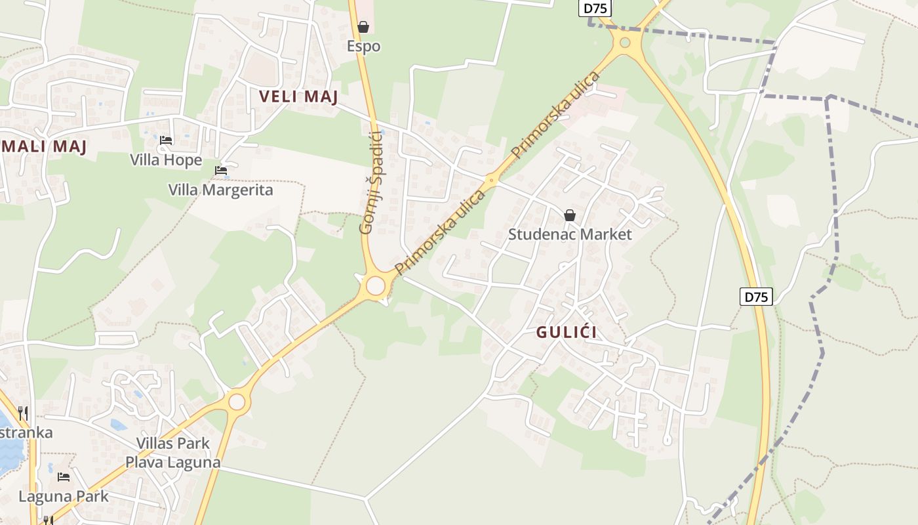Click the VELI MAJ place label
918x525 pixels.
(x=298, y=96)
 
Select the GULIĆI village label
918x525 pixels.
(x=567, y=332)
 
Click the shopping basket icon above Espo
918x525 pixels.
(x=363, y=27)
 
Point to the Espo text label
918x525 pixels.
(x=363, y=47)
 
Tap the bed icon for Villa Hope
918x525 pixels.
(x=166, y=140)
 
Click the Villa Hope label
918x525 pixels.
(x=166, y=160)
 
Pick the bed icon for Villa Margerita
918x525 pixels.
(x=221, y=171)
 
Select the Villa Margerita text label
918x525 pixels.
(x=220, y=190)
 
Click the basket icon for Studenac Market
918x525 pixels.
(x=570, y=215)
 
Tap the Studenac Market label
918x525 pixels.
(x=570, y=234)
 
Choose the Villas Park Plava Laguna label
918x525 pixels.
(x=173, y=453)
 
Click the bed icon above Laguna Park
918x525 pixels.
(x=64, y=477)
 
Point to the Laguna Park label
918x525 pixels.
(x=64, y=496)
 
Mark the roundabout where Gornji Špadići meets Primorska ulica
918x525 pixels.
(x=375, y=286)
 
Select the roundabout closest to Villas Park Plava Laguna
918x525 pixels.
(x=237, y=402)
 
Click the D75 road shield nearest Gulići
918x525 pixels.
(x=757, y=297)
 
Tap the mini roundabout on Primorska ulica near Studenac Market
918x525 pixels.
(x=491, y=179)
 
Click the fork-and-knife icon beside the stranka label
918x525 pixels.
(x=23, y=413)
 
